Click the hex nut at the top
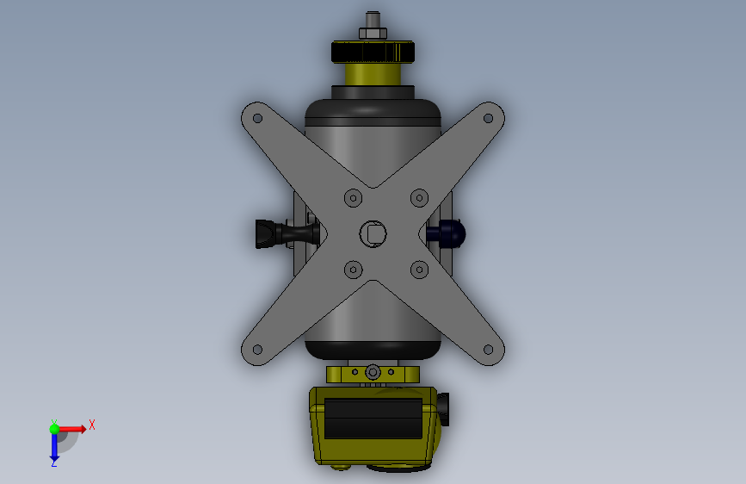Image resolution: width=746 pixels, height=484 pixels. [x=373, y=34]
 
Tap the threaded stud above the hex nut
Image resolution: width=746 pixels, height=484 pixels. [x=373, y=20]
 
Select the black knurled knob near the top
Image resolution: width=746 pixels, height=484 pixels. [x=373, y=52]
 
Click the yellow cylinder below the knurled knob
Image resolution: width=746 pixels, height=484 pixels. [x=373, y=74]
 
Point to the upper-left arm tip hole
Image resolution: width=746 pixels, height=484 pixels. [x=257, y=118]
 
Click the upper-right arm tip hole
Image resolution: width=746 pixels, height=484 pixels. [x=488, y=118]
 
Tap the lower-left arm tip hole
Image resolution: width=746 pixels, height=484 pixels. [x=257, y=350]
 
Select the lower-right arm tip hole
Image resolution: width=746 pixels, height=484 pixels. [x=488, y=350]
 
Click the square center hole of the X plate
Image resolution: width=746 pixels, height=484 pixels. [x=373, y=233]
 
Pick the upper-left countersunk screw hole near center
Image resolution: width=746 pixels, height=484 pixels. [x=353, y=198]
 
